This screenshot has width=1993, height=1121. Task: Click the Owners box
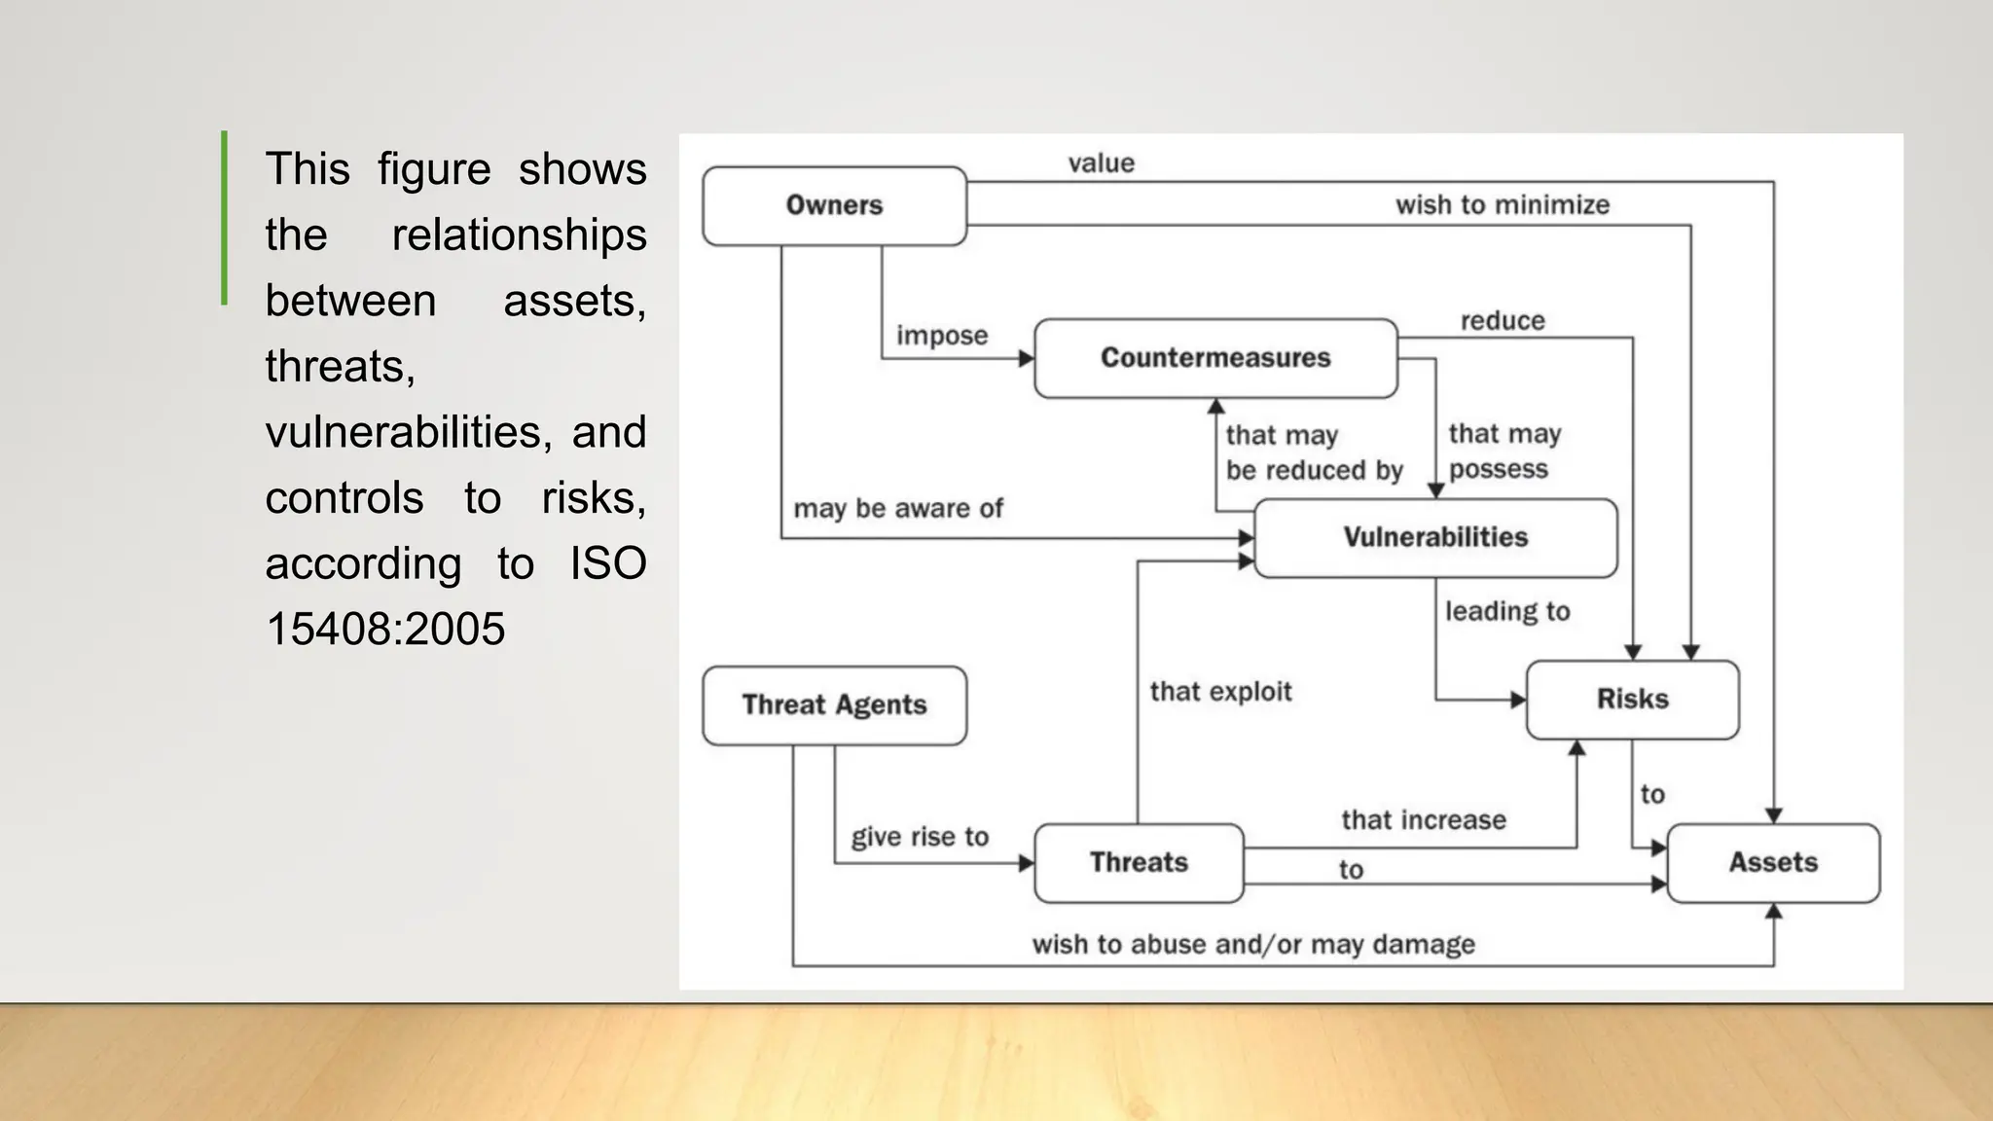click(x=834, y=205)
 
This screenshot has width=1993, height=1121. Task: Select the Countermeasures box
click(x=1215, y=358)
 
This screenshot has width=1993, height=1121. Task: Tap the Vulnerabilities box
click(x=1435, y=537)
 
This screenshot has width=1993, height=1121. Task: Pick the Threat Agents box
click(x=834, y=705)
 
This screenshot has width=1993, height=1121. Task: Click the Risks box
click(x=1632, y=699)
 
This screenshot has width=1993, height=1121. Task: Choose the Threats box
click(x=1139, y=862)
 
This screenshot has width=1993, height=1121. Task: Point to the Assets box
click(x=1773, y=862)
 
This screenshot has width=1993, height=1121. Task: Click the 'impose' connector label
click(x=941, y=336)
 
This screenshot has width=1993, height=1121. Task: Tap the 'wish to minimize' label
click(x=1502, y=205)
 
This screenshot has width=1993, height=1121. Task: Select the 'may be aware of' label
click(x=897, y=508)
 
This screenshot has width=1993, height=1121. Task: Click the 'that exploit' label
click(x=1220, y=692)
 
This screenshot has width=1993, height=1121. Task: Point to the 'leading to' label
click(x=1506, y=611)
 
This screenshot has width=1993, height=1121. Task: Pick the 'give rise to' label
click(x=919, y=837)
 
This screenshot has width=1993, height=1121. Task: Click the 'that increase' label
click(x=1423, y=820)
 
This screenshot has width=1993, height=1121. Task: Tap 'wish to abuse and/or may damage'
click(x=1252, y=944)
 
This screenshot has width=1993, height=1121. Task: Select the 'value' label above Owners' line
click(x=1101, y=163)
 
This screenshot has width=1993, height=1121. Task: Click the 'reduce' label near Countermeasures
click(x=1502, y=321)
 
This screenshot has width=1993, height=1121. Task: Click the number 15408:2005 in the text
click(x=385, y=629)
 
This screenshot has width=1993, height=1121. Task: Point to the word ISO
click(x=607, y=563)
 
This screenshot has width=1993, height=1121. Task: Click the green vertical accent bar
click(x=225, y=218)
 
